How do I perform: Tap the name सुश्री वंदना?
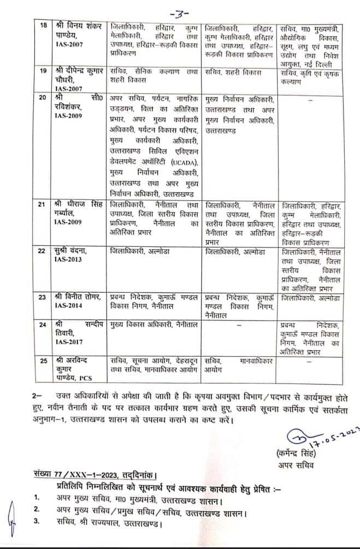[72, 251]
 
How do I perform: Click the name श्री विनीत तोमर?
[79, 298]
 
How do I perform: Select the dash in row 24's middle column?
[239, 324]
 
